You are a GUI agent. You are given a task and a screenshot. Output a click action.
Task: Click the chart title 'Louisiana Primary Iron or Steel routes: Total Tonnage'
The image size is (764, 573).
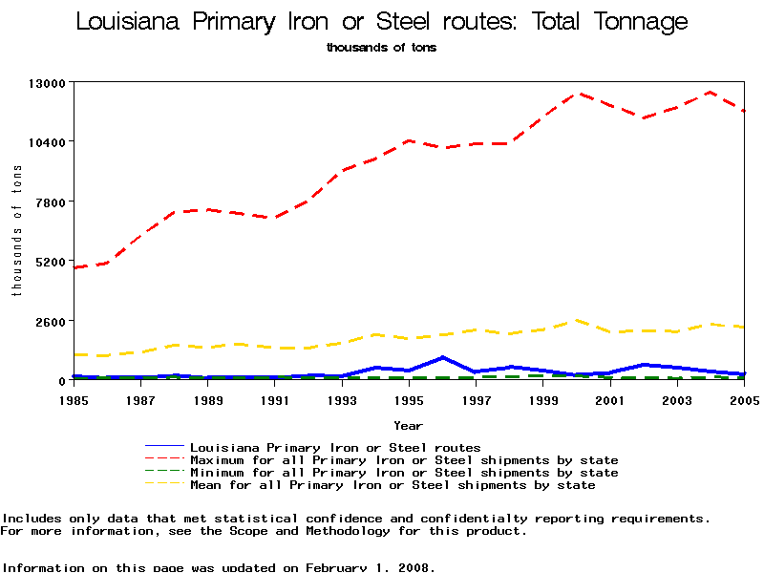pyautogui.click(x=381, y=22)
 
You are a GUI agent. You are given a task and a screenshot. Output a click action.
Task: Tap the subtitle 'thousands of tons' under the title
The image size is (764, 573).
pyautogui.click(x=381, y=47)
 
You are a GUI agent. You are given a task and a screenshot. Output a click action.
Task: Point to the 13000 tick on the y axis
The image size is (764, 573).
pyautogui.click(x=47, y=83)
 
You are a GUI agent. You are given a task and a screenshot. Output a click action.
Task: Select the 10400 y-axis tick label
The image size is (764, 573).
pyautogui.click(x=47, y=142)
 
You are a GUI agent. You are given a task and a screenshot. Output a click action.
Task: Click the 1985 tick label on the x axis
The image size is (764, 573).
pyautogui.click(x=74, y=400)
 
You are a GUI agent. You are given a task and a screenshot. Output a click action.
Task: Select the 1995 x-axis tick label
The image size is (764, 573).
pyautogui.click(x=409, y=400)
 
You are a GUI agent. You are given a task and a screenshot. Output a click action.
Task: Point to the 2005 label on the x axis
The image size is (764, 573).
pyautogui.click(x=744, y=400)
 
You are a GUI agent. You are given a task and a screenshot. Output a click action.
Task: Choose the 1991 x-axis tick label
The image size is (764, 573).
pyautogui.click(x=275, y=400)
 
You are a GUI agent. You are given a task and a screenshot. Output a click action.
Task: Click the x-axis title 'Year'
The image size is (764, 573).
pyautogui.click(x=409, y=425)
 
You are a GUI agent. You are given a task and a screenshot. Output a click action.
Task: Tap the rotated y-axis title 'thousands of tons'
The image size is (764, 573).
pyautogui.click(x=16, y=230)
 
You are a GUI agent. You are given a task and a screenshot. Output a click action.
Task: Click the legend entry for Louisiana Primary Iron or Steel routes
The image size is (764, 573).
pyautogui.click(x=335, y=447)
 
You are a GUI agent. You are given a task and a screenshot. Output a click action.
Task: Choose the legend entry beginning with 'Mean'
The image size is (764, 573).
pyautogui.click(x=393, y=485)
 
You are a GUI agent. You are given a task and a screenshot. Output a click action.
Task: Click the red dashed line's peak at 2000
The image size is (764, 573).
pyautogui.click(x=577, y=94)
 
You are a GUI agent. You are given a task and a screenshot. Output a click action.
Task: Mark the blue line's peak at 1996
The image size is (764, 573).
pyautogui.click(x=442, y=357)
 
